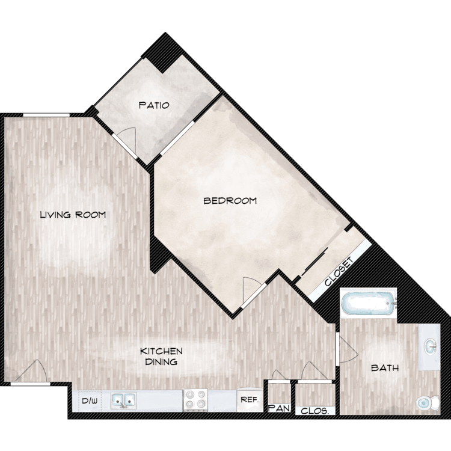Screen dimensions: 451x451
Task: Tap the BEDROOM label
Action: tap(230, 200)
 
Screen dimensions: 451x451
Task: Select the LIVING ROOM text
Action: tap(73, 215)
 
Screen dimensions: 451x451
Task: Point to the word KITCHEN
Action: tap(161, 351)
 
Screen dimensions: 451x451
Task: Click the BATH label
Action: tap(385, 367)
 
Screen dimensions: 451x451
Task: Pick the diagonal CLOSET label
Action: tap(339, 272)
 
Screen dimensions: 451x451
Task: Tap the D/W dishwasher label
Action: tap(90, 400)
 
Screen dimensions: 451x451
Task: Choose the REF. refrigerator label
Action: tap(250, 399)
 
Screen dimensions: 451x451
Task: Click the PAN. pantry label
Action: tap(279, 408)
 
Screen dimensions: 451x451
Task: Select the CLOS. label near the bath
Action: tap(315, 411)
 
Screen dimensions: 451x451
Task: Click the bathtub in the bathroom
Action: tap(369, 303)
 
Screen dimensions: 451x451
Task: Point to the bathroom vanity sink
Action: tap(431, 346)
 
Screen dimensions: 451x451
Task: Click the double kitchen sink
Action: tap(124, 400)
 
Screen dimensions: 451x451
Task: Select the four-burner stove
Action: tap(195, 400)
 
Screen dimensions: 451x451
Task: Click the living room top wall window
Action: tap(46, 115)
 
